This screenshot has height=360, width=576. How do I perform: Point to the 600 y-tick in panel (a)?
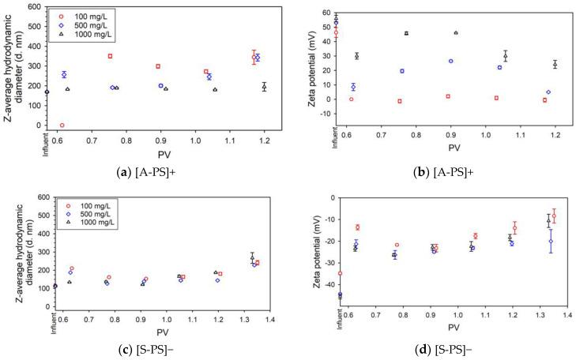click(36, 7)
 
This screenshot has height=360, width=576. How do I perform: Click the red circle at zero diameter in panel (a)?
click(62, 125)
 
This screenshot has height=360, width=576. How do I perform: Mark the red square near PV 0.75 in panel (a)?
click(110, 56)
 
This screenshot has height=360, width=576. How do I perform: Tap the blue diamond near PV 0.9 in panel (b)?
click(450, 61)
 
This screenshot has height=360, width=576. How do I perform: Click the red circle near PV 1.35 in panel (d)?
click(554, 216)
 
